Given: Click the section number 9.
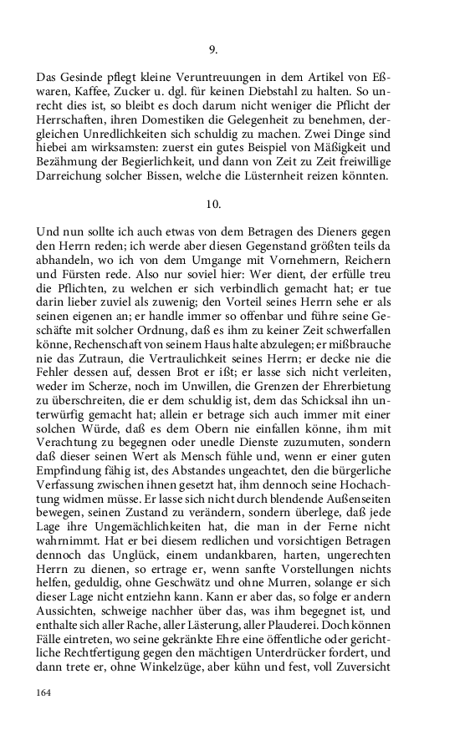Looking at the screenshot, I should pyautogui.click(x=212, y=49).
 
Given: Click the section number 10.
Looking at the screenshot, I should pyautogui.click(x=212, y=204).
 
